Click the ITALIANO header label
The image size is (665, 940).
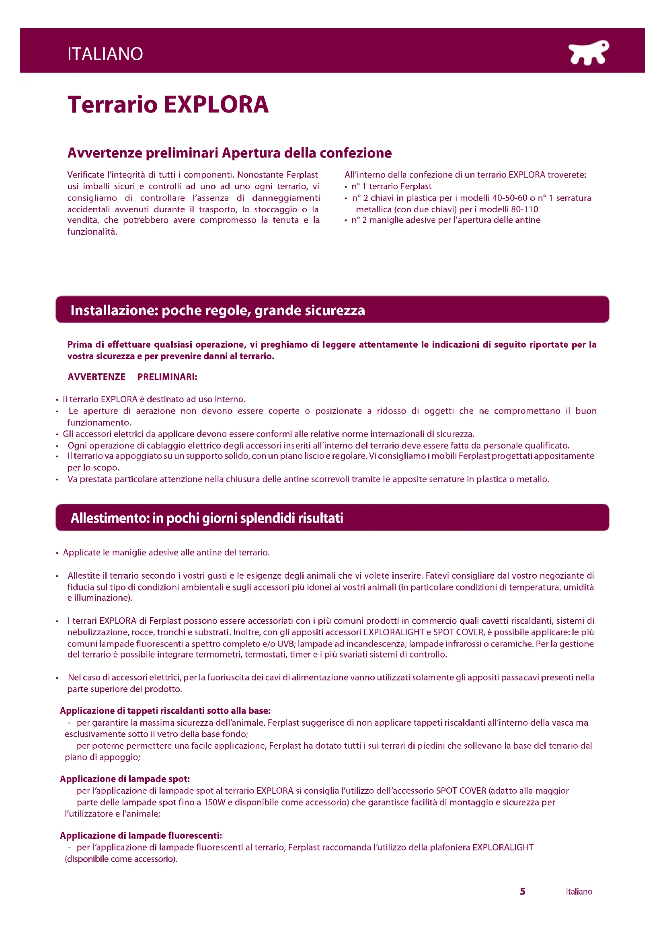coord(105,53)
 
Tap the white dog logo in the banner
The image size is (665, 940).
coord(588,53)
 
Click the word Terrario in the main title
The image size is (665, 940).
coord(113,104)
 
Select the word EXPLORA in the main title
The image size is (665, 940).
coord(216,104)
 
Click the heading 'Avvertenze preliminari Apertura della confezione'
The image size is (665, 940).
coord(229,153)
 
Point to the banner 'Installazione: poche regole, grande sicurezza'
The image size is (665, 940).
coord(218,310)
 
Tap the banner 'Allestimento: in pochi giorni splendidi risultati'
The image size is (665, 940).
coord(207,518)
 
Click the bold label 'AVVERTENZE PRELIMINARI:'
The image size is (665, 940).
coord(132,377)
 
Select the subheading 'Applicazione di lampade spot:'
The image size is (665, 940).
coord(125,779)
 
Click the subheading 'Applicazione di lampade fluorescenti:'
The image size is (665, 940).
coord(141,835)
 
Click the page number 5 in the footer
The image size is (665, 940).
coord(523,891)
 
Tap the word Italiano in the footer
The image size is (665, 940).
coord(579,892)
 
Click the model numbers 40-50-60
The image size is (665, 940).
coord(509,198)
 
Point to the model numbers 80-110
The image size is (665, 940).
coord(525,209)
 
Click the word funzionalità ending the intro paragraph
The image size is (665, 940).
coord(92,232)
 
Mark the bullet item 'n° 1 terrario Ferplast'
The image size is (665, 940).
coord(392,187)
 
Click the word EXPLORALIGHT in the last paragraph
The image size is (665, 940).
coord(503,847)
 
